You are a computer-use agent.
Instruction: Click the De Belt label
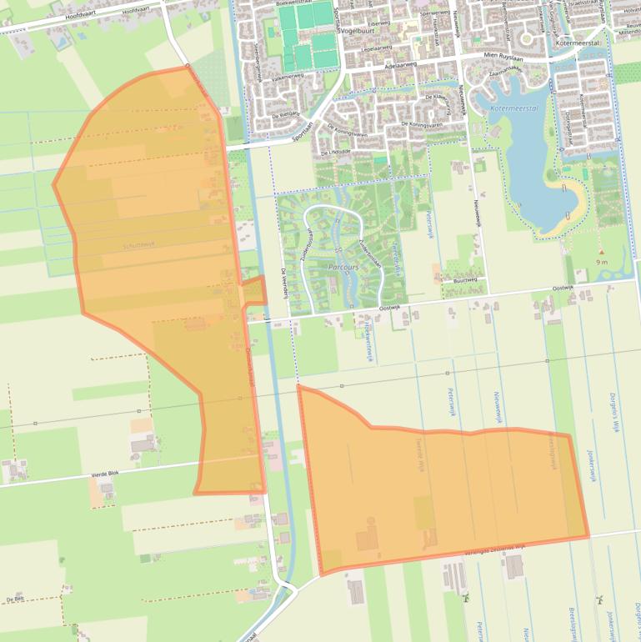tap(14, 599)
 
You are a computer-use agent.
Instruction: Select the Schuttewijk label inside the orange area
tap(138, 245)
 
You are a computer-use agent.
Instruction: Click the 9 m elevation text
tap(602, 262)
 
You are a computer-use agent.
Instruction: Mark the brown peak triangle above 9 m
tap(601, 252)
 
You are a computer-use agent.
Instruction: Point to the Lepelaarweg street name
tap(378, 49)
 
